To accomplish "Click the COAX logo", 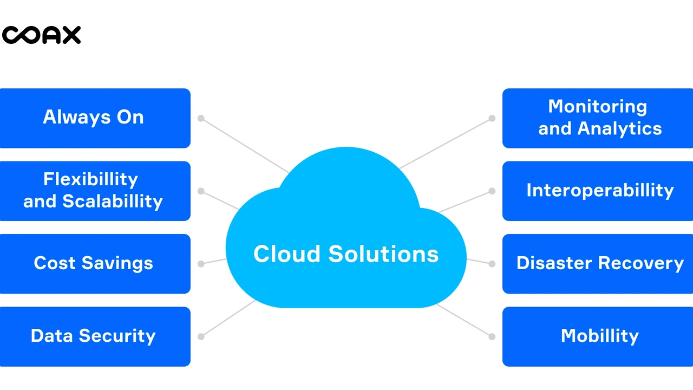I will point(41,35).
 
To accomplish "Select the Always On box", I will point(95,118).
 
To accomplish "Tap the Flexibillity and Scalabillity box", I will point(95,191).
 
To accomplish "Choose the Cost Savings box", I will point(95,264).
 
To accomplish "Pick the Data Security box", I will point(95,336).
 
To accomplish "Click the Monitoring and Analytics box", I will point(598,118).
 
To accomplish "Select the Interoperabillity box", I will point(598,191).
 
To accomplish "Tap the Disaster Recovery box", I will point(598,264).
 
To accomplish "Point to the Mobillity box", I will point(598,336).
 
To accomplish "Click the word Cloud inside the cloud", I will point(287,254).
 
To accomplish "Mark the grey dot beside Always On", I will point(201,118).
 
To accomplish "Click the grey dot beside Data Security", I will point(201,336).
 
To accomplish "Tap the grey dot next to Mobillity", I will point(492,336).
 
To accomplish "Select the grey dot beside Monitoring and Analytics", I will point(492,118).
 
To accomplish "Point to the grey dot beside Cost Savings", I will point(201,264).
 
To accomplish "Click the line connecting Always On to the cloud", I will point(244,144).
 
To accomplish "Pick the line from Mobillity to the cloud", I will point(465,321).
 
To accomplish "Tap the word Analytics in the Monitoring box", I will point(619,129).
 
